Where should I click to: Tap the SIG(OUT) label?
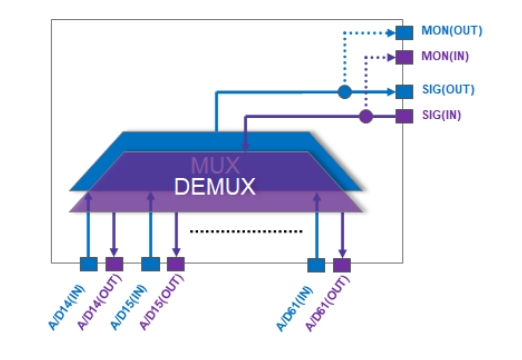(x=443, y=91)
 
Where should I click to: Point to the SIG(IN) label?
(x=440, y=116)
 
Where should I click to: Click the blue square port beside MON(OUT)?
(x=404, y=32)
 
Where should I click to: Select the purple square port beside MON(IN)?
(x=404, y=57)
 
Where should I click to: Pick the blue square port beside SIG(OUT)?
(x=404, y=91)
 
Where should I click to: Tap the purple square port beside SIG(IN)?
(x=404, y=116)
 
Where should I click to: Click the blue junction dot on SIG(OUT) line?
(x=344, y=92)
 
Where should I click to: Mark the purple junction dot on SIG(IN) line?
(x=366, y=116)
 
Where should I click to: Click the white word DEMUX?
(x=214, y=186)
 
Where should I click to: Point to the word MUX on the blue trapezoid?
(x=214, y=164)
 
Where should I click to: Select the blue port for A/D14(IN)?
(x=88, y=264)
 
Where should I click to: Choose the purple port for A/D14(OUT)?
(x=114, y=264)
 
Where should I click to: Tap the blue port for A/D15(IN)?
(x=150, y=264)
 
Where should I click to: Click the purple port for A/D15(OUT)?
(x=176, y=264)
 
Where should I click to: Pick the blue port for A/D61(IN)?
(x=316, y=264)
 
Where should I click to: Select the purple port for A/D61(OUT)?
(x=342, y=264)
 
